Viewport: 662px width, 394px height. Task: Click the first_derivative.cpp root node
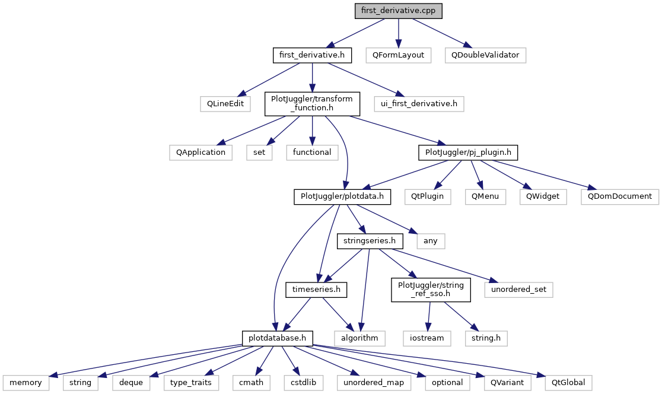pyautogui.click(x=398, y=11)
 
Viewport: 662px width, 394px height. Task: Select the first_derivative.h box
pyautogui.click(x=312, y=55)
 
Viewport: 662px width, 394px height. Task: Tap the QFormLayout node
pyautogui.click(x=399, y=55)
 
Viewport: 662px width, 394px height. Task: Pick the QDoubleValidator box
pyautogui.click(x=485, y=55)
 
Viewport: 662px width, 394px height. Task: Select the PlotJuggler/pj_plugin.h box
pyautogui.click(x=468, y=152)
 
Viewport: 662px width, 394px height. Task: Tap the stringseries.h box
pyautogui.click(x=370, y=241)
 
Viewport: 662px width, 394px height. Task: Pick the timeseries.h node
pyautogui.click(x=317, y=290)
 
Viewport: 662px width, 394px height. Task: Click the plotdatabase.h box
pyautogui.click(x=278, y=338)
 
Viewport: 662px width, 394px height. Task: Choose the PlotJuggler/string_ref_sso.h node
pyautogui.click(x=430, y=290)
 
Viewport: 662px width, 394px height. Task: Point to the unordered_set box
pyautogui.click(x=518, y=290)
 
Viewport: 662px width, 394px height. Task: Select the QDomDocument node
pyautogui.click(x=620, y=196)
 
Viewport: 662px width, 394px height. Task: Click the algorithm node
pyautogui.click(x=359, y=338)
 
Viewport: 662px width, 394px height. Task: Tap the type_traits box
pyautogui.click(x=190, y=383)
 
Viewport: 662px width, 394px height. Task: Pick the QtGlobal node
pyautogui.click(x=564, y=383)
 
